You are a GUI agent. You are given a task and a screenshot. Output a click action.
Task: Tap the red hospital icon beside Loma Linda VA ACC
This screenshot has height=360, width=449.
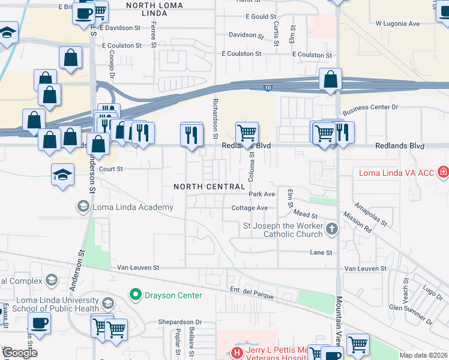click(443, 173)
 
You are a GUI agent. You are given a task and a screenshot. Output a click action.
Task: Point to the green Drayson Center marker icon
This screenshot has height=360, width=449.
click(135, 295)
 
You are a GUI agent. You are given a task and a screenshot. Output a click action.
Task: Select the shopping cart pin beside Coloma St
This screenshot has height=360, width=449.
click(246, 132)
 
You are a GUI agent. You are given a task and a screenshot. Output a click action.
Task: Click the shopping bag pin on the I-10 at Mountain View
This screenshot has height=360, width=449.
click(330, 79)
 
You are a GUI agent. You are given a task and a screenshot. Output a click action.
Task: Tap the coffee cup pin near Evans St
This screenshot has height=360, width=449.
click(39, 323)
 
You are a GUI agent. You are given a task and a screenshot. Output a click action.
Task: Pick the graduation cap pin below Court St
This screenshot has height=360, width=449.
click(62, 175)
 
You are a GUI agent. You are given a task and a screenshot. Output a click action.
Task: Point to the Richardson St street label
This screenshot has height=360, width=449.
click(215, 119)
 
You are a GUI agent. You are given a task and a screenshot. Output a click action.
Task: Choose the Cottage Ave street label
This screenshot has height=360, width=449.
click(249, 208)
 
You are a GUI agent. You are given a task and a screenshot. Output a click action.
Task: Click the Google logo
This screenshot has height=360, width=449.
click(20, 353)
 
